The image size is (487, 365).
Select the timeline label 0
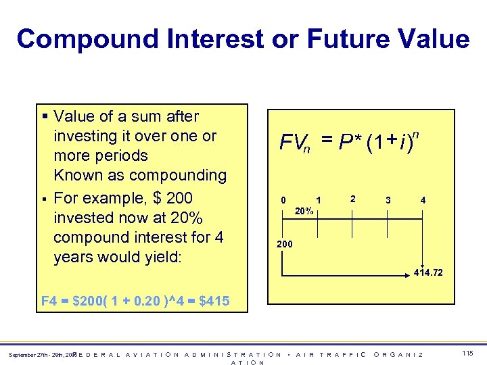tap(285, 201)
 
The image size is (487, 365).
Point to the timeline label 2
tap(352, 199)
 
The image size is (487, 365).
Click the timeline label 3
tap(388, 201)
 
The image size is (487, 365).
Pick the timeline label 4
tap(423, 201)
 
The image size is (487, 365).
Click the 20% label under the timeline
tap(304, 212)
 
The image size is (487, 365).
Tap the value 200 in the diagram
tap(285, 244)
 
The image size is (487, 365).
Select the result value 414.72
tap(428, 273)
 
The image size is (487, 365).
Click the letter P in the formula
tap(345, 143)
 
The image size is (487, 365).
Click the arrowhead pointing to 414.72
tap(421, 264)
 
